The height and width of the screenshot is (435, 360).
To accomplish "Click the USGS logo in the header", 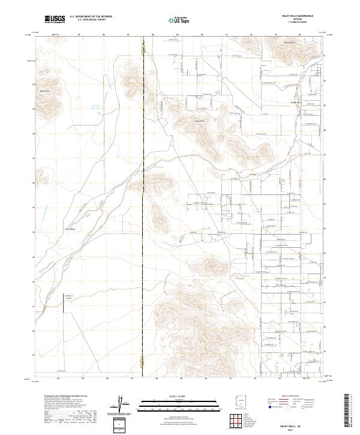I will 55,19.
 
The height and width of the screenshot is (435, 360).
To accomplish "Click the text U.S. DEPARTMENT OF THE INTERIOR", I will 91,17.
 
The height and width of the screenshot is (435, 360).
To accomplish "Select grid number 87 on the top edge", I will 129,35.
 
